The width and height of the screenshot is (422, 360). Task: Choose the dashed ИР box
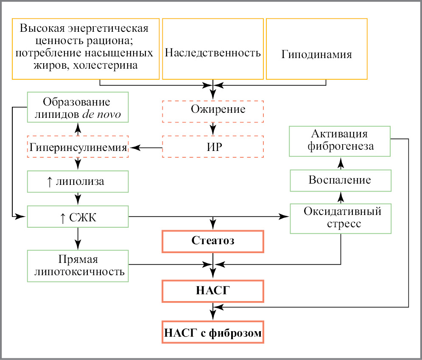213,147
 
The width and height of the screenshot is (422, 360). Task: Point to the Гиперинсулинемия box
78,147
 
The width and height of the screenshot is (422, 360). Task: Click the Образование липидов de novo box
78,107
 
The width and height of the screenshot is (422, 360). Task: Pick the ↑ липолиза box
78,182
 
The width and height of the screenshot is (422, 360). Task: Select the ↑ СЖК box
78,217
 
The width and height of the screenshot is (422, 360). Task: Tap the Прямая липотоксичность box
78,265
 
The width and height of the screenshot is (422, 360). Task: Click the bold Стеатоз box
213,241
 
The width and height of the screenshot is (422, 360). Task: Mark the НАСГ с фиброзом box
213,331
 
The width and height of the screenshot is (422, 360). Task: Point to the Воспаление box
341,180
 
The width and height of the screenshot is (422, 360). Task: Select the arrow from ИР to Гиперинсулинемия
146,148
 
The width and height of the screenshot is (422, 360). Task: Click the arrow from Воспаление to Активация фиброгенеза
341,162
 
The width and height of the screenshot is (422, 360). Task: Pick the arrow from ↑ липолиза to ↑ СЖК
78,198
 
